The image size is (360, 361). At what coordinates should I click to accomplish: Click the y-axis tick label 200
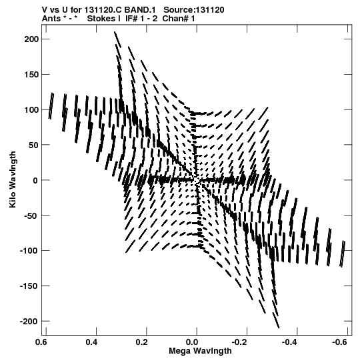(x=31, y=39)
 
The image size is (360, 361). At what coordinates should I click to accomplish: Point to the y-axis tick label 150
(x=31, y=75)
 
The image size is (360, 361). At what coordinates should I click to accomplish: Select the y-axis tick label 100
(x=31, y=110)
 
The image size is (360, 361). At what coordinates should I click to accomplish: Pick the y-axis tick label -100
(x=29, y=251)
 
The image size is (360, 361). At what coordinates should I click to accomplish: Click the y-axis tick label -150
(x=29, y=286)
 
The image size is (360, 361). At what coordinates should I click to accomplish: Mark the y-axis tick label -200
(x=29, y=322)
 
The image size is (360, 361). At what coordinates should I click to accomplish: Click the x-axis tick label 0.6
(x=41, y=342)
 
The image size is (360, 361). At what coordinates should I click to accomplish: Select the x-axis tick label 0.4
(x=91, y=342)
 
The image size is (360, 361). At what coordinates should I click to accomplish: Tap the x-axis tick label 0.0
(x=192, y=342)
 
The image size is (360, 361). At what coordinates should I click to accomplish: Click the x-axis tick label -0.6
(x=340, y=342)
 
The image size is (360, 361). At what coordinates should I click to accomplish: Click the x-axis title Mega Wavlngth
(x=200, y=352)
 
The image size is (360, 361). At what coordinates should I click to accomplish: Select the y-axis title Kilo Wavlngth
(x=13, y=179)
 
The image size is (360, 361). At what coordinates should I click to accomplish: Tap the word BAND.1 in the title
(x=140, y=10)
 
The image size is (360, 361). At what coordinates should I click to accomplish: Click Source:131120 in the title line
(x=194, y=10)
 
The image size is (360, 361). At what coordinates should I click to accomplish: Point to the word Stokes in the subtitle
(x=102, y=19)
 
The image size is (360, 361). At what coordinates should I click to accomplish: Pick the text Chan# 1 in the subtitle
(x=179, y=19)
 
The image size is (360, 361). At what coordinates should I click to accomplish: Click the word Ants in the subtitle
(x=51, y=19)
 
